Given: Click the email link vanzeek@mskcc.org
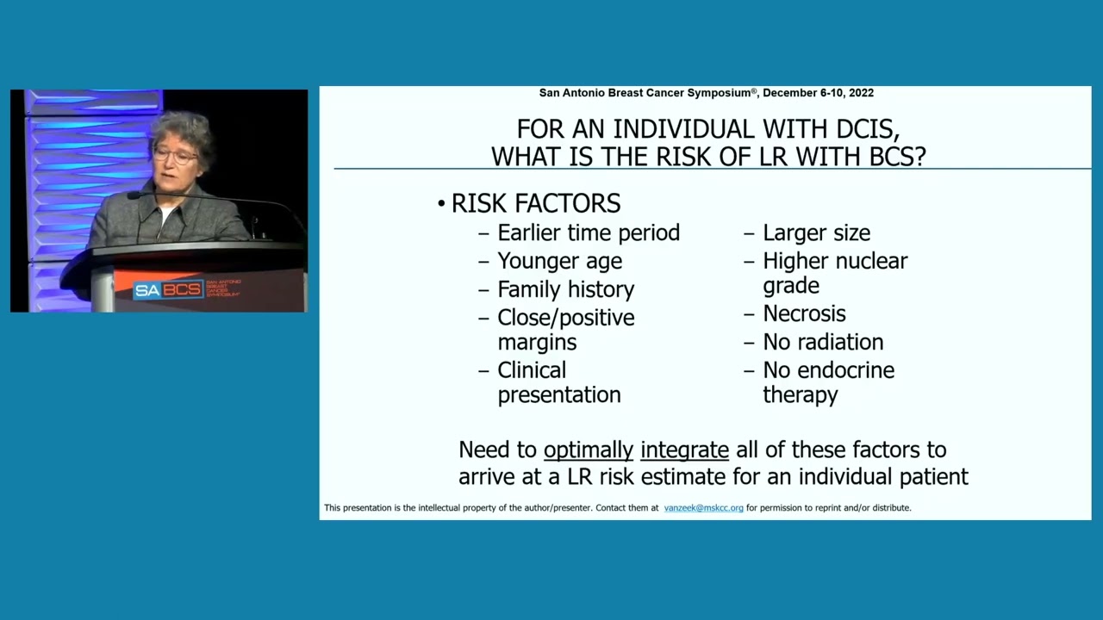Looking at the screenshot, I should click(x=703, y=508).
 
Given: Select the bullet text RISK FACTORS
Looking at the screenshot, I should click(x=535, y=204).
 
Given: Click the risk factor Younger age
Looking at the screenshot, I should click(x=559, y=261).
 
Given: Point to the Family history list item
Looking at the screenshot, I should click(x=565, y=289).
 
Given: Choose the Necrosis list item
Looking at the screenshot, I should click(x=804, y=313).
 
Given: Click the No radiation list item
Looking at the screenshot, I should click(x=823, y=342).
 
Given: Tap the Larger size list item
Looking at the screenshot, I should click(x=816, y=232).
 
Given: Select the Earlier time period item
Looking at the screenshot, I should click(x=589, y=232).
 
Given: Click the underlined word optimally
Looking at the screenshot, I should click(x=588, y=449).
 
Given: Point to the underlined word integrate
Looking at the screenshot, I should click(x=684, y=449).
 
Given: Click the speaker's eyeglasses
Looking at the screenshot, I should click(x=175, y=156).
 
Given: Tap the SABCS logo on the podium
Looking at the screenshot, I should click(x=168, y=289).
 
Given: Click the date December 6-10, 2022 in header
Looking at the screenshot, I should click(x=818, y=93).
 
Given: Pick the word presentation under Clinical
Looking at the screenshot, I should click(x=558, y=394).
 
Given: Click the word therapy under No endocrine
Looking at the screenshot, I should click(x=800, y=394).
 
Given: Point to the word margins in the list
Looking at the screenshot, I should click(x=537, y=342).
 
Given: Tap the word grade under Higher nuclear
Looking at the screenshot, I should click(x=790, y=285).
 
